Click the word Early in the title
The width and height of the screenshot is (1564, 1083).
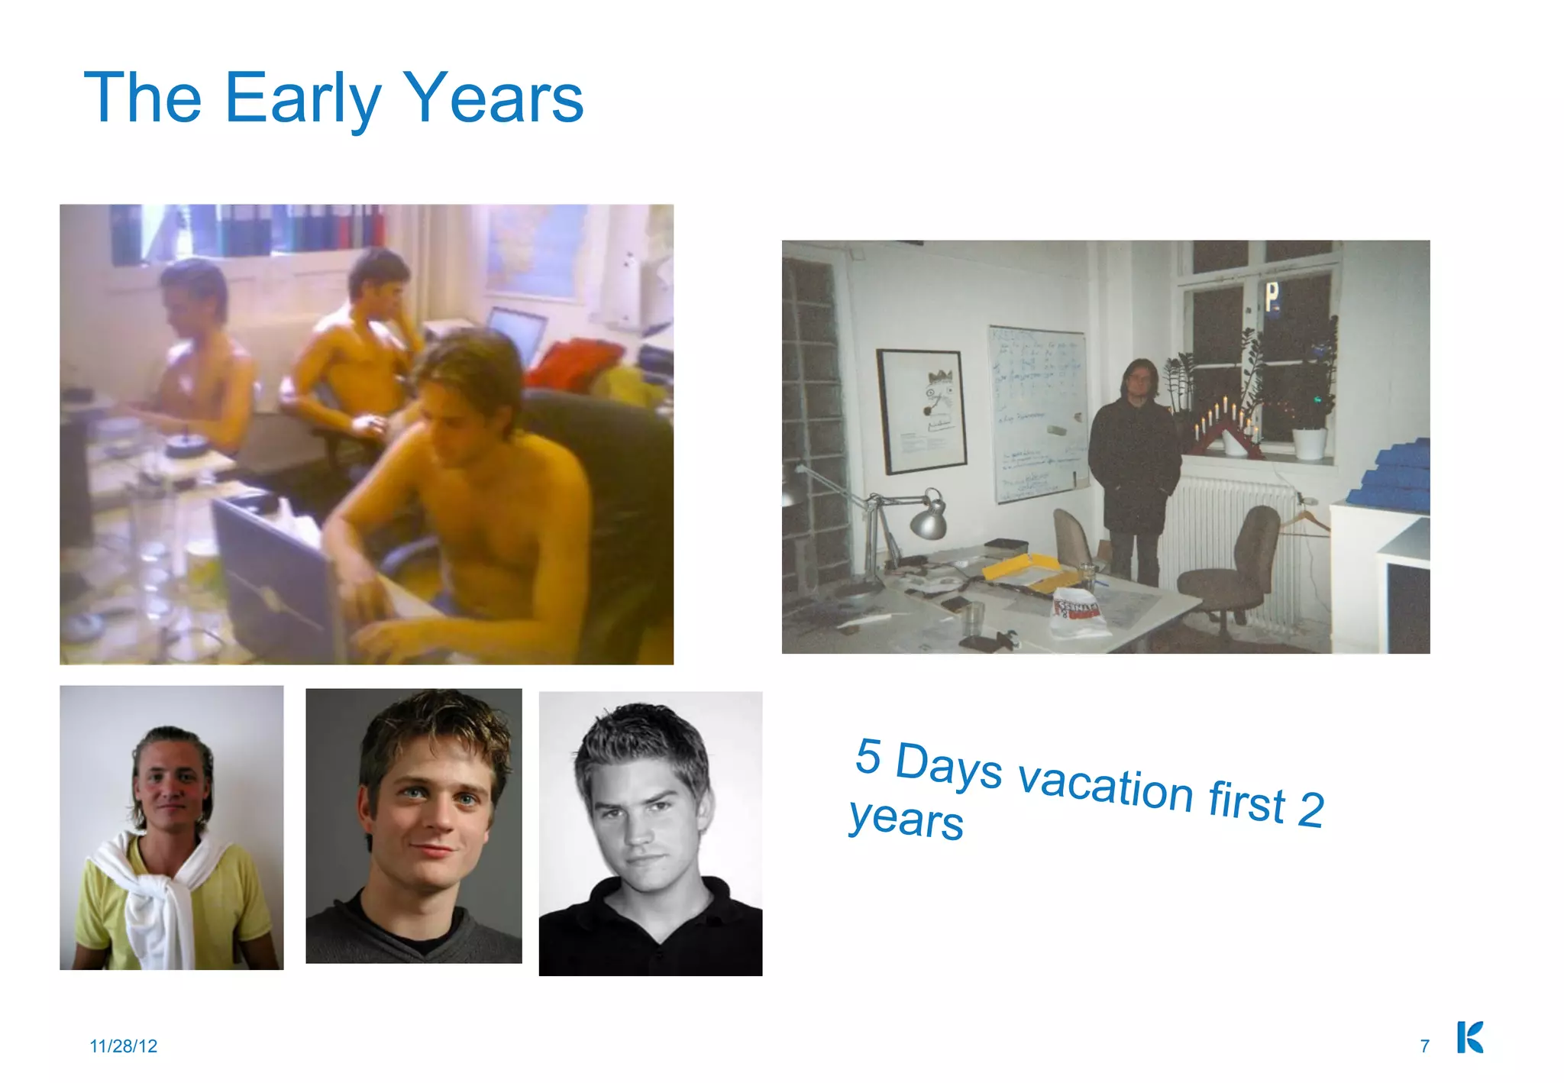click(x=302, y=98)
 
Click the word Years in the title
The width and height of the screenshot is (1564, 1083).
click(x=493, y=98)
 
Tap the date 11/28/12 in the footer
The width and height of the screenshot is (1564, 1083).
click(x=123, y=1046)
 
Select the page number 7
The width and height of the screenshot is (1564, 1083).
click(x=1424, y=1046)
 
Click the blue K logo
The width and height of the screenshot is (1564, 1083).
click(x=1469, y=1037)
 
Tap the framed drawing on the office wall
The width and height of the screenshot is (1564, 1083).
click(x=922, y=411)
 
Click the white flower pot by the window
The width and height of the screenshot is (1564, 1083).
click(x=1310, y=444)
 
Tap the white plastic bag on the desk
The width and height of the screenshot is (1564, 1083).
click(x=1078, y=614)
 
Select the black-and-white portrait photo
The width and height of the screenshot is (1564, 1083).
click(x=651, y=833)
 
